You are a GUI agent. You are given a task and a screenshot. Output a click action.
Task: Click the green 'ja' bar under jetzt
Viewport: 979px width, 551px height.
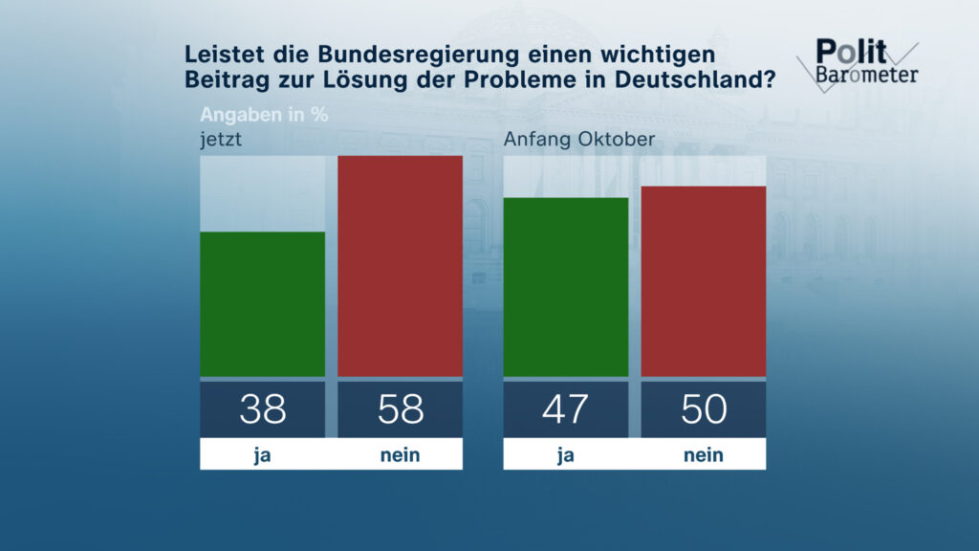[262, 304]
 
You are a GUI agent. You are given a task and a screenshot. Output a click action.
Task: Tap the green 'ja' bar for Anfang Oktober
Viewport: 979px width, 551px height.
[565, 287]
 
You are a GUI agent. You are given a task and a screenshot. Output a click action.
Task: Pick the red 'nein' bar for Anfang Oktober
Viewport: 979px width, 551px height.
[703, 281]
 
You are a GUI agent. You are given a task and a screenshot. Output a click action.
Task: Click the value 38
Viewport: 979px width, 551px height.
[262, 409]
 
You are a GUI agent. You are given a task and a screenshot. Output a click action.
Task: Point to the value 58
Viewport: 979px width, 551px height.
[400, 409]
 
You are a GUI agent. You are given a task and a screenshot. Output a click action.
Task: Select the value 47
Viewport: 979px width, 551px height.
[565, 409]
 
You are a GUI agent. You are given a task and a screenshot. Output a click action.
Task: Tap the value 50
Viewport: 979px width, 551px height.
[703, 409]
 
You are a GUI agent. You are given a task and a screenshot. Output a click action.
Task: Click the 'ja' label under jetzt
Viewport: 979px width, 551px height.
[262, 455]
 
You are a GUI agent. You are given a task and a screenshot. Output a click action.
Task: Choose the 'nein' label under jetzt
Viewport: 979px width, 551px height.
[400, 455]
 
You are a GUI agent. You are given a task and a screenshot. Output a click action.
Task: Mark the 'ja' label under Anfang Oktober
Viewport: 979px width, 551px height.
[565, 455]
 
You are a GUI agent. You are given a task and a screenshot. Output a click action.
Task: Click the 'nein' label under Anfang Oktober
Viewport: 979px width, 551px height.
[703, 455]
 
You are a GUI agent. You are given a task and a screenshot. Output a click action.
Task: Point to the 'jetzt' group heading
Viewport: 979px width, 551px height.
[219, 140]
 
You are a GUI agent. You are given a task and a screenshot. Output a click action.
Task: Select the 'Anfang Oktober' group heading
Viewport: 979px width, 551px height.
[578, 140]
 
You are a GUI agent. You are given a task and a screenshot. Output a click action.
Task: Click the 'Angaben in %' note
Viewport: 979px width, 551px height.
[264, 115]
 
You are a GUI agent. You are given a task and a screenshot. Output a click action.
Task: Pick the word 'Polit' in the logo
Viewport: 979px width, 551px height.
[851, 52]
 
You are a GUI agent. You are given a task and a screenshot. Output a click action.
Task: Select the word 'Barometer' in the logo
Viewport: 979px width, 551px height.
[867, 75]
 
